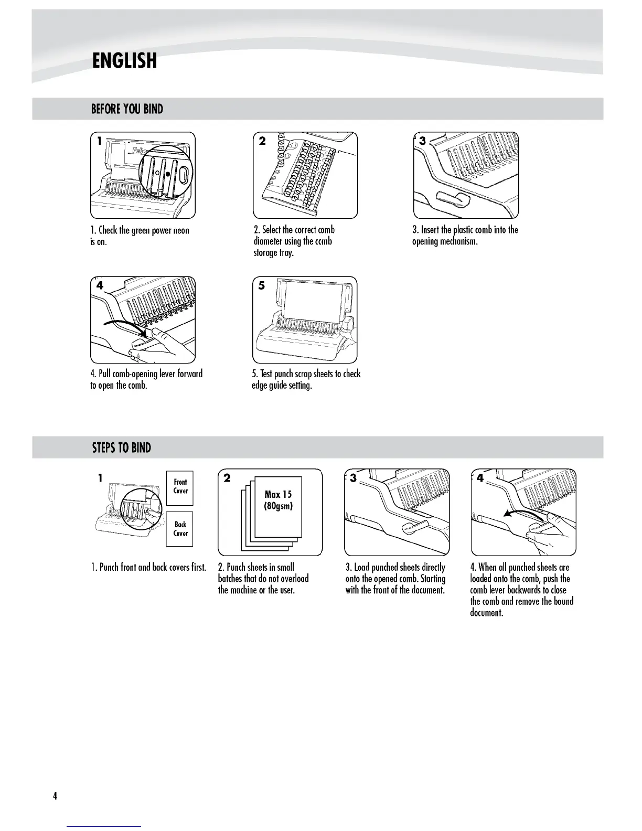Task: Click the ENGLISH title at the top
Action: pyautogui.click(x=124, y=61)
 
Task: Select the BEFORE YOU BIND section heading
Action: pyautogui.click(x=127, y=109)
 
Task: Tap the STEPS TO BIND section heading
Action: pyautogui.click(x=121, y=448)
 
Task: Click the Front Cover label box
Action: pyautogui.click(x=180, y=487)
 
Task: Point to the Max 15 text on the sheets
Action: pyautogui.click(x=278, y=494)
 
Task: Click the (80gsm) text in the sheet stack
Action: pyautogui.click(x=278, y=506)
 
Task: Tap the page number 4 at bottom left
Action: pyautogui.click(x=55, y=796)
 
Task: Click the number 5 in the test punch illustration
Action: pyautogui.click(x=261, y=285)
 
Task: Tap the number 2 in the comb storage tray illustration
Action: pyautogui.click(x=262, y=141)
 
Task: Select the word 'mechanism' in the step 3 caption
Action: pyautogui.click(x=459, y=241)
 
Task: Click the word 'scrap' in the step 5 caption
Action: pyautogui.click(x=303, y=374)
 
